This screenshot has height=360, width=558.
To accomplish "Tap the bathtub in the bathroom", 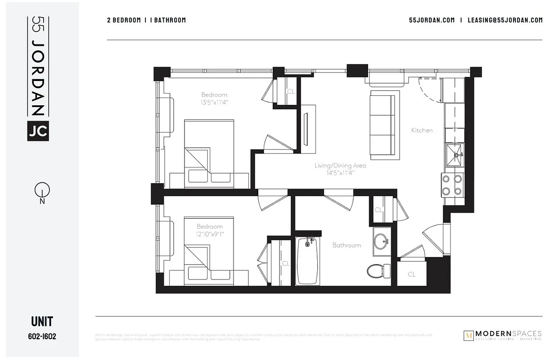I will tap(307, 261).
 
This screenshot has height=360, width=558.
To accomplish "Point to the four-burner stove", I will tap(452, 184).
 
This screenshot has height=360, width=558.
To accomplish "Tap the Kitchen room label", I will tap(422, 130).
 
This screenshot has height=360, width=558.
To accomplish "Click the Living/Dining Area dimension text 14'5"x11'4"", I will tap(340, 172).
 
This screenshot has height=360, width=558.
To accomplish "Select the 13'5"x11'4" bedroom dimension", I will tap(215, 102).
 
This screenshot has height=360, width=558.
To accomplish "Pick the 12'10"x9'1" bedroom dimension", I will tap(210, 234).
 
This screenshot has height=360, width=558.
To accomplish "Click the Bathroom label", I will tap(346, 245).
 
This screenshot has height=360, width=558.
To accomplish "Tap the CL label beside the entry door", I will tap(411, 274).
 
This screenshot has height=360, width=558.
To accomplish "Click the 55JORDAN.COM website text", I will tap(432, 20).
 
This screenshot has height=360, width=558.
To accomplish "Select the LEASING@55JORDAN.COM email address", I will tap(505, 20).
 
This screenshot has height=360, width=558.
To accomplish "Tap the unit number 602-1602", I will tap(42, 336).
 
